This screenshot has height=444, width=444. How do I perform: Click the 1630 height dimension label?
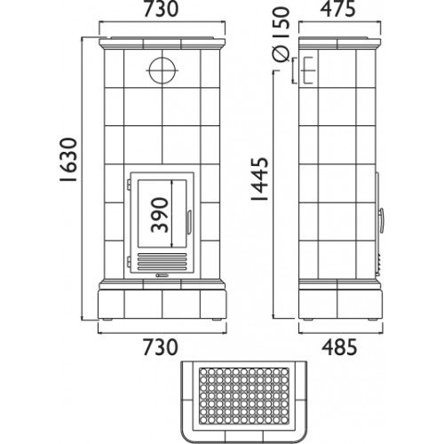[x=68, y=159]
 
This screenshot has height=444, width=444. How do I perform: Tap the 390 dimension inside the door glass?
[x=160, y=216]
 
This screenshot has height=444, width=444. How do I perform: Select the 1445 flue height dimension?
[x=259, y=178]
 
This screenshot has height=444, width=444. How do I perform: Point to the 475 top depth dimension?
[x=338, y=10]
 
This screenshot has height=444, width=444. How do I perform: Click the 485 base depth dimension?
[x=339, y=347]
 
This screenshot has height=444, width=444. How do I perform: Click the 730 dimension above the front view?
[x=162, y=10]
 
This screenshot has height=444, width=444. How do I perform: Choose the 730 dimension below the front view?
[x=162, y=347]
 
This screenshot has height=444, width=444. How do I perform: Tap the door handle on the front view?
[x=189, y=222]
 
